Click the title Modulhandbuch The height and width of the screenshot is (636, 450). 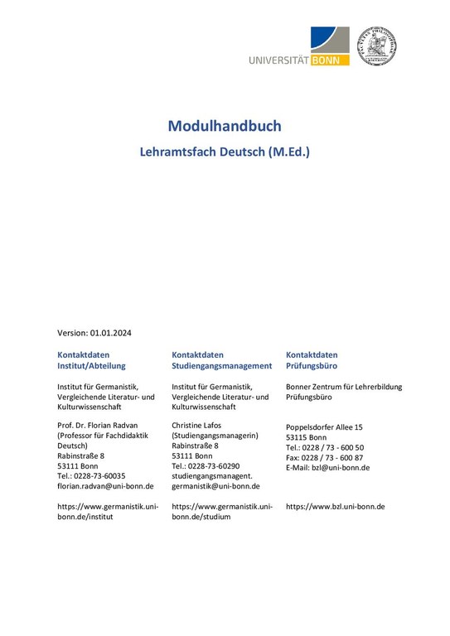click(225, 127)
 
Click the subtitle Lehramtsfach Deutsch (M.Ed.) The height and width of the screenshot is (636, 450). click(225, 152)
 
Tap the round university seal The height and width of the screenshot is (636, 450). click(376, 46)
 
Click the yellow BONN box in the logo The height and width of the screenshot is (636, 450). click(330, 59)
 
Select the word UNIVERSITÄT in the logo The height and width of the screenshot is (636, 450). click(278, 59)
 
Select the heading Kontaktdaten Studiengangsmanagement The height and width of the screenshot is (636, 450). click(221, 359)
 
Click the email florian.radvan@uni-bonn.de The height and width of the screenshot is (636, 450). click(103, 487)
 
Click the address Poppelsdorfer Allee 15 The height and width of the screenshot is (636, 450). click(324, 426)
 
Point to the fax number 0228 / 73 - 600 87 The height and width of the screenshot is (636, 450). click(331, 457)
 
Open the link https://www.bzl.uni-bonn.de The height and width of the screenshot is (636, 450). click(335, 506)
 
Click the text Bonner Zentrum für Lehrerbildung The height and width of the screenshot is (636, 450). click(344, 386)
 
